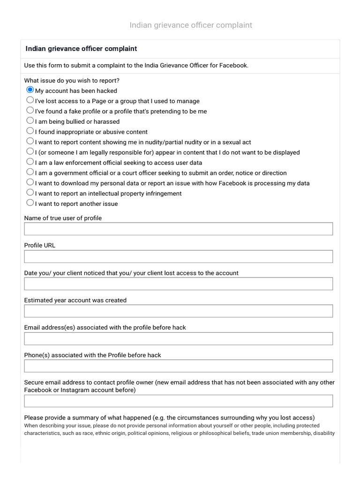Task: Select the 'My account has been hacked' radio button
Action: pos(30,90)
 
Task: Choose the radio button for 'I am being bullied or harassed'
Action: pos(30,120)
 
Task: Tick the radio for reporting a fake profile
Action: pos(30,110)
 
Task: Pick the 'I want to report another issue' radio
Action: pos(30,202)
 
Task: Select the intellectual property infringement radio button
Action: pos(30,192)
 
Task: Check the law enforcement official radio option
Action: pos(30,162)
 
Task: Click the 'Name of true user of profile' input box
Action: pos(178,229)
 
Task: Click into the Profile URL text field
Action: pos(178,256)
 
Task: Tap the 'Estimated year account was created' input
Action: pos(178,311)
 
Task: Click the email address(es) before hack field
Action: pos(178,338)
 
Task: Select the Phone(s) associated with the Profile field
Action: pos(178,366)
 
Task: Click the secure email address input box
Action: pos(178,401)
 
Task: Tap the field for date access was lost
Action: pos(178,284)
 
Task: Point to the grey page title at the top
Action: pos(191,25)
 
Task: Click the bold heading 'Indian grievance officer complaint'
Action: pos(81,49)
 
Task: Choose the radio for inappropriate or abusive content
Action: pos(30,131)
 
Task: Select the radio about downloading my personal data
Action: pos(30,182)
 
